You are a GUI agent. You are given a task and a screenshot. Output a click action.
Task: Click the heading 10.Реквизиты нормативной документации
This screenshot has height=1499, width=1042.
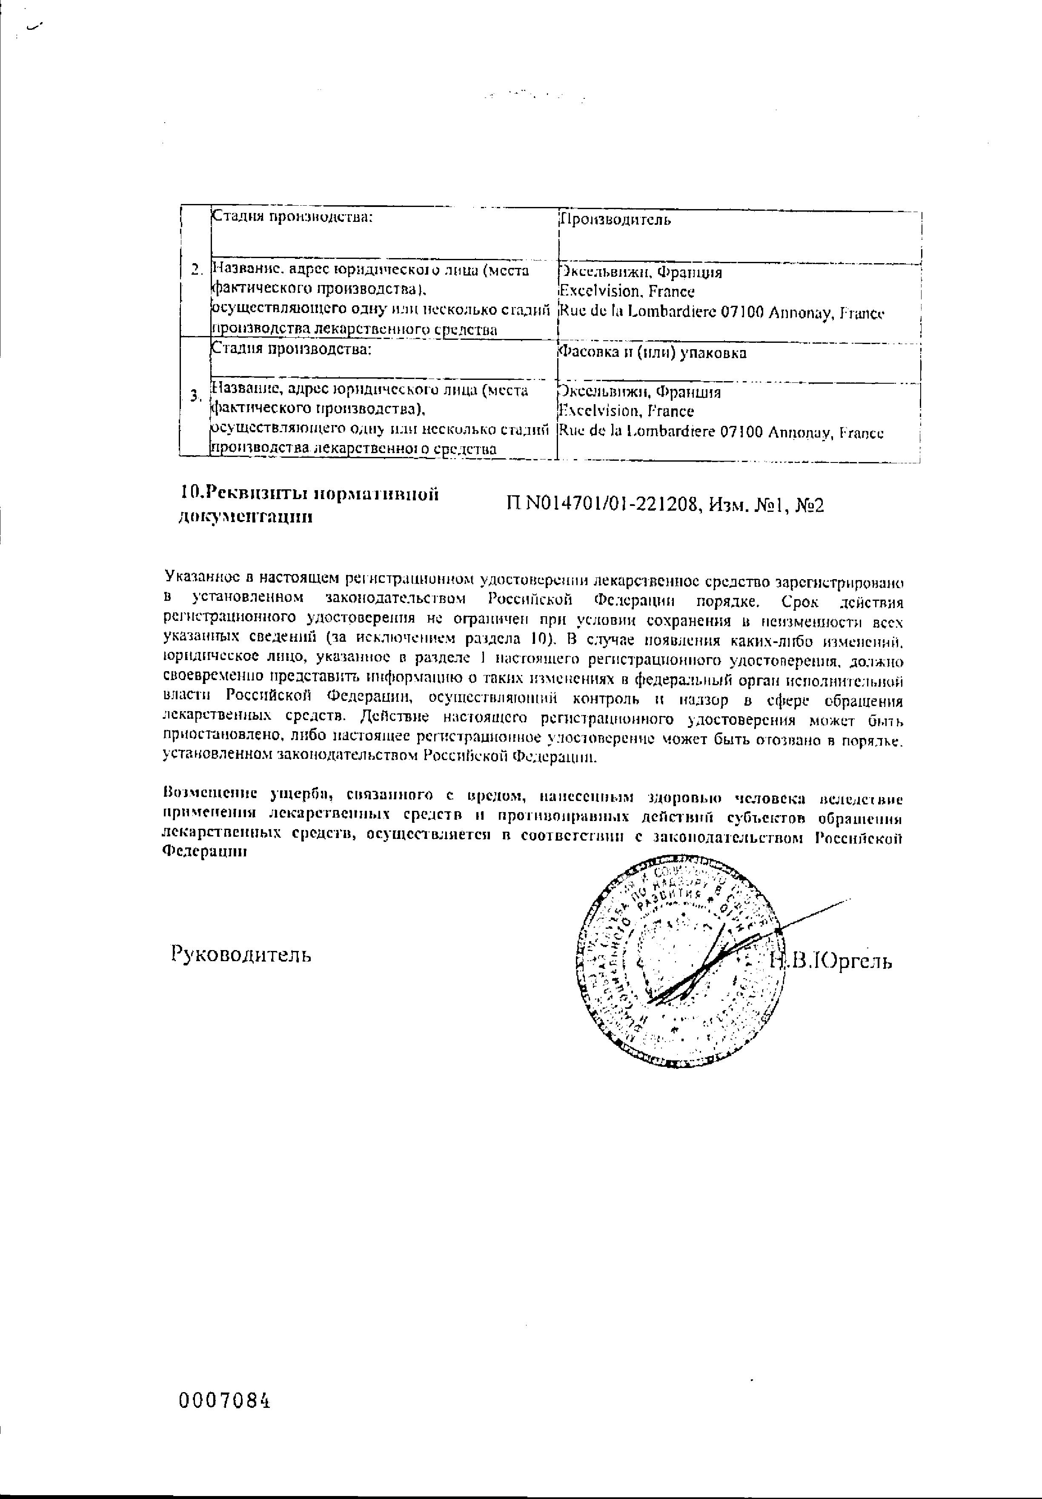click(x=308, y=505)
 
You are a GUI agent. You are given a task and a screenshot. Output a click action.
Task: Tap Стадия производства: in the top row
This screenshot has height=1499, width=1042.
click(x=292, y=218)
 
